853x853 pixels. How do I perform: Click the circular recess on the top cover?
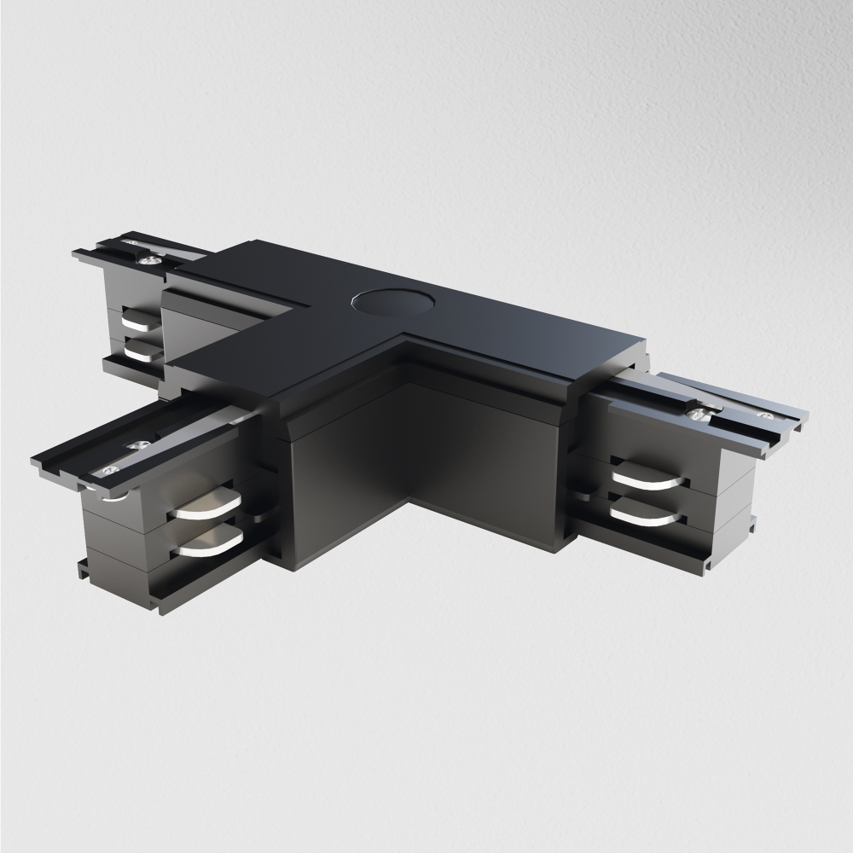pos(384,302)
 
